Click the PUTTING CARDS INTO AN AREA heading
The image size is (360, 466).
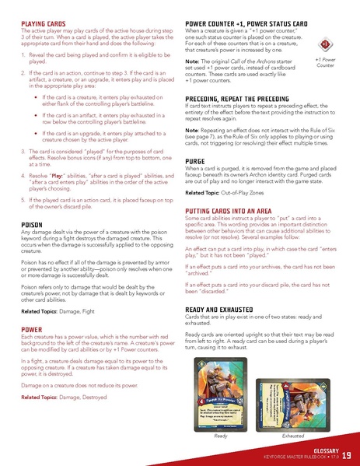[239, 212]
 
